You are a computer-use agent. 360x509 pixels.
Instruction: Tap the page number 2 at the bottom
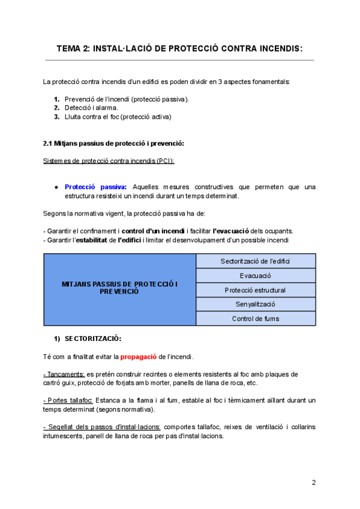pos(313,482)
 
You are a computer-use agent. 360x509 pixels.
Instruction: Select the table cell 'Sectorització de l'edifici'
pos(256,261)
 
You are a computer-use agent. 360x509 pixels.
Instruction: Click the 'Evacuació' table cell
pos(256,276)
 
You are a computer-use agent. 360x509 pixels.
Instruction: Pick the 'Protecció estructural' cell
pos(256,290)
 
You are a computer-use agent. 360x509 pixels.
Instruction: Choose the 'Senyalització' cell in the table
pos(256,304)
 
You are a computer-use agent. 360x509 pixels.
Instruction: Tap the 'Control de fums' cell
pos(256,319)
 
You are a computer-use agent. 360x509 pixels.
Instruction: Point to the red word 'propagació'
pos(139,357)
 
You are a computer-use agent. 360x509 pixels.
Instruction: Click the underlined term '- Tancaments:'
pos(64,374)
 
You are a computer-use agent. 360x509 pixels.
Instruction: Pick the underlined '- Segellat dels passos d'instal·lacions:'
pos(101,426)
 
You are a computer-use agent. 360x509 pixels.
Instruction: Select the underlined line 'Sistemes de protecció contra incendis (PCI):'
pos(109,161)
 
